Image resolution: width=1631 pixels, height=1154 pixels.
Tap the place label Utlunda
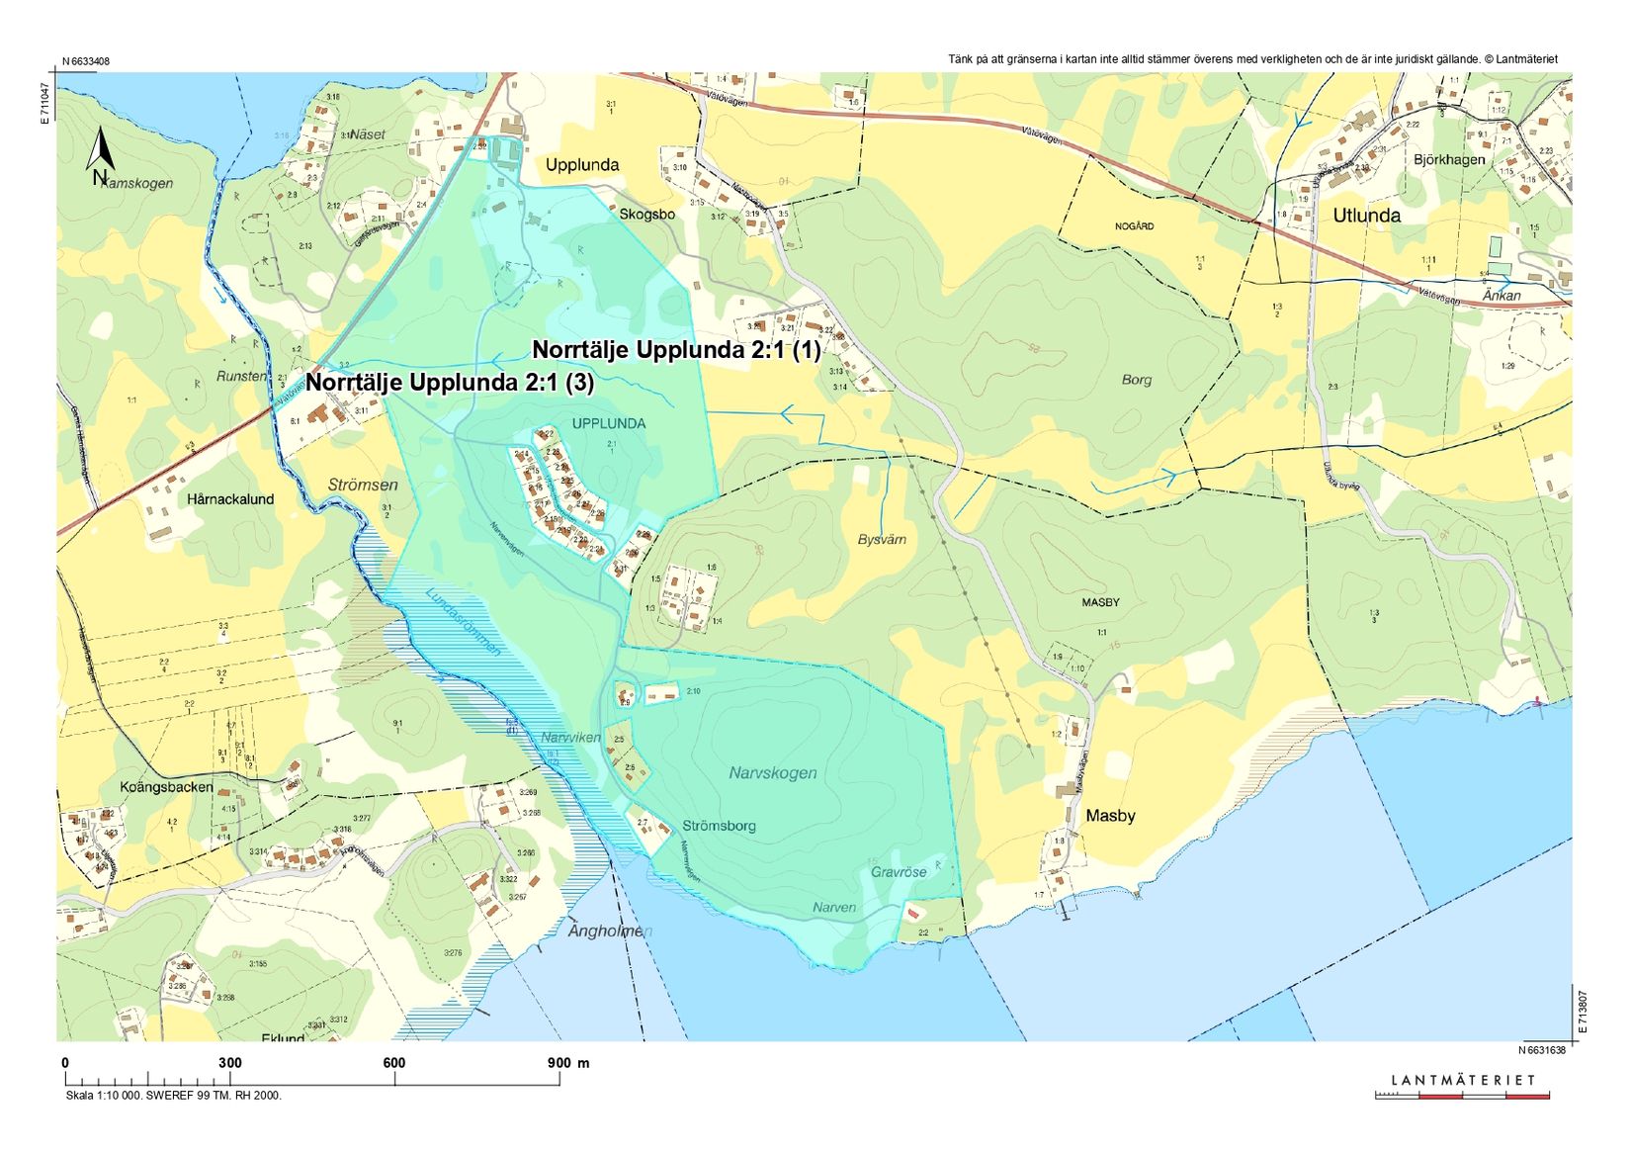pyautogui.click(x=1366, y=216)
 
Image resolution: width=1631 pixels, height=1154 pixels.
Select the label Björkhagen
pyautogui.click(x=1448, y=159)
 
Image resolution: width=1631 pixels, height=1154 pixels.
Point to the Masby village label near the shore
pyautogui.click(x=1110, y=816)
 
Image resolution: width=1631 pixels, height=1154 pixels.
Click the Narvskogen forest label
pyautogui.click(x=773, y=772)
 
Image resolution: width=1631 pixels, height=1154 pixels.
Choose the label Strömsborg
pyautogui.click(x=719, y=826)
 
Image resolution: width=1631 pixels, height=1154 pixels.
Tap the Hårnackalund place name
pyautogui.click(x=230, y=499)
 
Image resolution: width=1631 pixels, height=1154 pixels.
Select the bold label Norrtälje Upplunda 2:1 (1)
pyautogui.click(x=676, y=350)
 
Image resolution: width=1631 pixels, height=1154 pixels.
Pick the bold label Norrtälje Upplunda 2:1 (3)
pyautogui.click(x=450, y=383)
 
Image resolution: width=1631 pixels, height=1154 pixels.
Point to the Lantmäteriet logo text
pyautogui.click(x=1463, y=1080)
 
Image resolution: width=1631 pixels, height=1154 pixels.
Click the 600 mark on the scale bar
pyautogui.click(x=393, y=1063)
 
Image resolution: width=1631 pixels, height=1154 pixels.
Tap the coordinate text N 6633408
pyautogui.click(x=85, y=61)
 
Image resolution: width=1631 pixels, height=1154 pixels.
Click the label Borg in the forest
pyautogui.click(x=1137, y=380)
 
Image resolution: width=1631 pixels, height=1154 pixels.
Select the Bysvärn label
pyautogui.click(x=882, y=540)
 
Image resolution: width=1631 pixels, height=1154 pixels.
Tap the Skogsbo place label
pyautogui.click(x=647, y=215)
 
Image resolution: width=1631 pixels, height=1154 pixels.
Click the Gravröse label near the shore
pyautogui.click(x=899, y=872)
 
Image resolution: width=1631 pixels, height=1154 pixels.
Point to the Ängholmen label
pyautogui.click(x=610, y=932)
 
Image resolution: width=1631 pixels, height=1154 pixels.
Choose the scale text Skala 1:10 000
pyautogui.click(x=105, y=1095)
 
